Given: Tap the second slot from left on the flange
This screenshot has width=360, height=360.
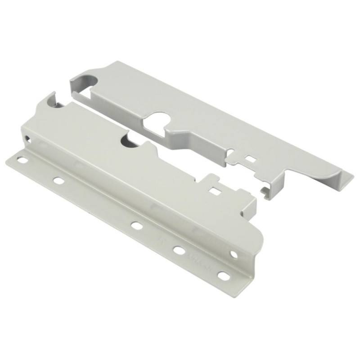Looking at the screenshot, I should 58,181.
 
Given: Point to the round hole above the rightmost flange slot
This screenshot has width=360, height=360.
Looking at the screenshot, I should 234,255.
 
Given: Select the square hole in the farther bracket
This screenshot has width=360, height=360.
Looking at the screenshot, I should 249,158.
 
